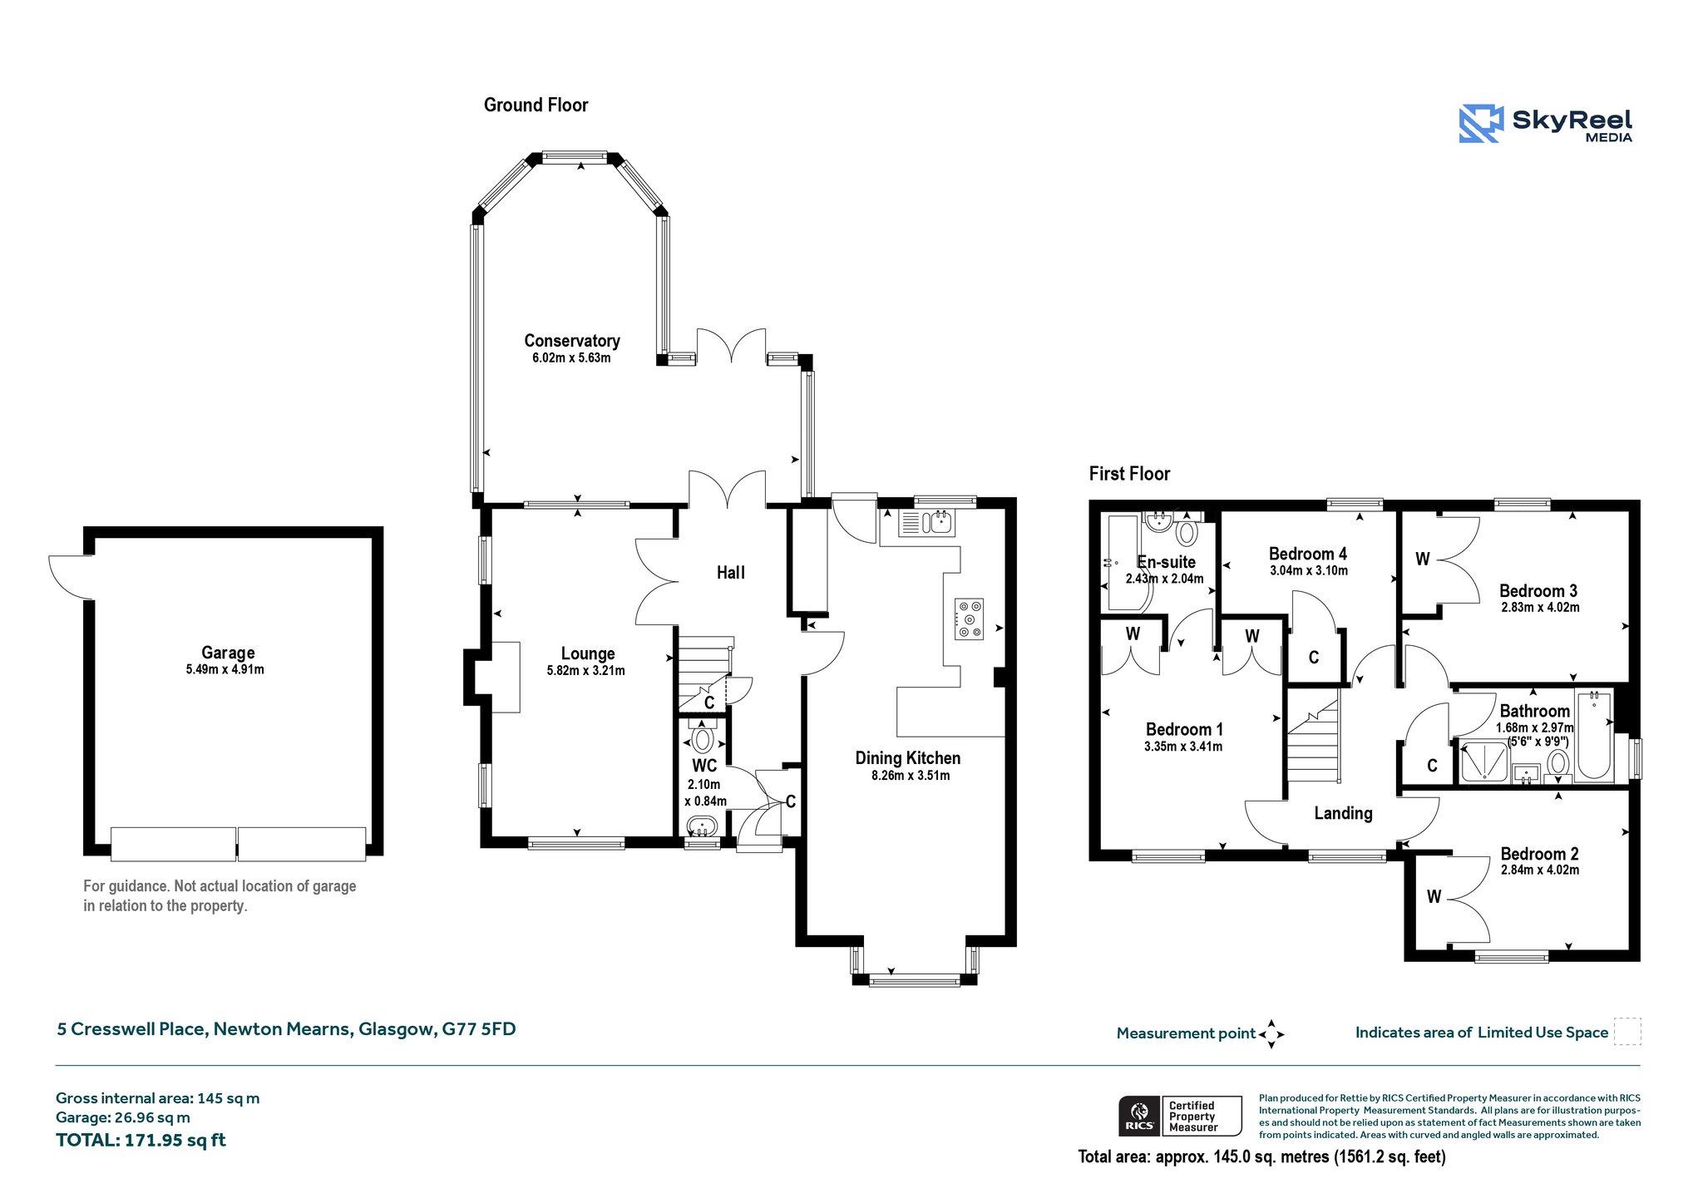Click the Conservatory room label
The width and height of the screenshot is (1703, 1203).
pyautogui.click(x=572, y=341)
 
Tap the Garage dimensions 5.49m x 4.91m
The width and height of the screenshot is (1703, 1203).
pyautogui.click(x=225, y=669)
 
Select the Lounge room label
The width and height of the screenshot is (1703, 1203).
pyautogui.click(x=588, y=653)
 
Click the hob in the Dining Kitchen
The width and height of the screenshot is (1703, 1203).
pyautogui.click(x=970, y=619)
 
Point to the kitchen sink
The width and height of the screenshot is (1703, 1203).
pyautogui.click(x=926, y=523)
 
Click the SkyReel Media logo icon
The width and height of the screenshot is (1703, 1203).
pyautogui.click(x=1481, y=124)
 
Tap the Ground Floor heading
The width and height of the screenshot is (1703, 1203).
pyautogui.click(x=536, y=105)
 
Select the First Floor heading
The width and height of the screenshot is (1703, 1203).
pyautogui.click(x=1129, y=474)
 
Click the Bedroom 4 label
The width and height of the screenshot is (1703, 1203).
pyautogui.click(x=1308, y=554)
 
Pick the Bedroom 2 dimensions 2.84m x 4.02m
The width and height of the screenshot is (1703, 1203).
pyautogui.click(x=1540, y=870)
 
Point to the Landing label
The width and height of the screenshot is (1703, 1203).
pyautogui.click(x=1343, y=813)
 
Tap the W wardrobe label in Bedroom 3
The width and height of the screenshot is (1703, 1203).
pyautogui.click(x=1423, y=560)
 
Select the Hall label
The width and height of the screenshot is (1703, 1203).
pyautogui.click(x=731, y=573)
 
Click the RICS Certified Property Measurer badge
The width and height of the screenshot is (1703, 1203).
pyautogui.click(x=1180, y=1116)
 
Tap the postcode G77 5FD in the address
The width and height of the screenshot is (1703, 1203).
pyautogui.click(x=479, y=1029)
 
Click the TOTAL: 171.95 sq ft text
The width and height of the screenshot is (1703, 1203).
pyautogui.click(x=141, y=1140)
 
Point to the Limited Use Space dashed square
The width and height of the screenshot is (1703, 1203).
pyautogui.click(x=1627, y=1031)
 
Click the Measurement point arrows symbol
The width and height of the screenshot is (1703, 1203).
pyautogui.click(x=1271, y=1034)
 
